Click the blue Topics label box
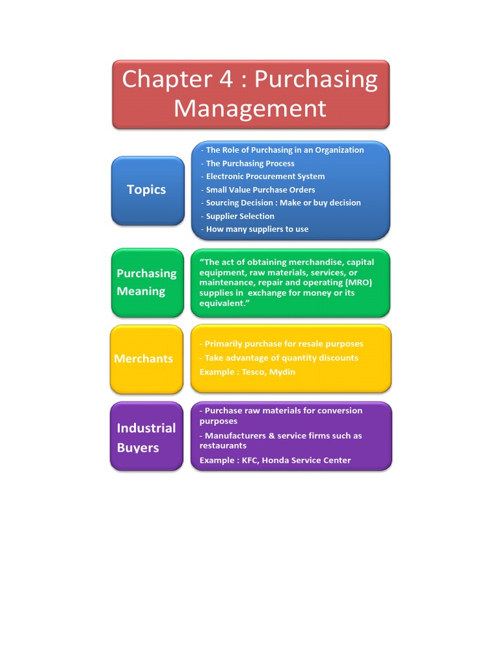click(147, 190)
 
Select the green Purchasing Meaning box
click(147, 282)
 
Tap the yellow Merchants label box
click(147, 359)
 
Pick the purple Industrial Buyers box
click(147, 437)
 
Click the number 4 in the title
click(224, 79)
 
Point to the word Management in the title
click(250, 108)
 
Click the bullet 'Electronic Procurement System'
click(265, 177)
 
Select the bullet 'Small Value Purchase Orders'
click(260, 190)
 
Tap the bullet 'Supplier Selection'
click(240, 217)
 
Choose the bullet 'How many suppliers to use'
click(257, 229)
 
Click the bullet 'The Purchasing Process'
click(250, 164)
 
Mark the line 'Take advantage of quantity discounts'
click(281, 358)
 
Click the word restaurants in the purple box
click(223, 446)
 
